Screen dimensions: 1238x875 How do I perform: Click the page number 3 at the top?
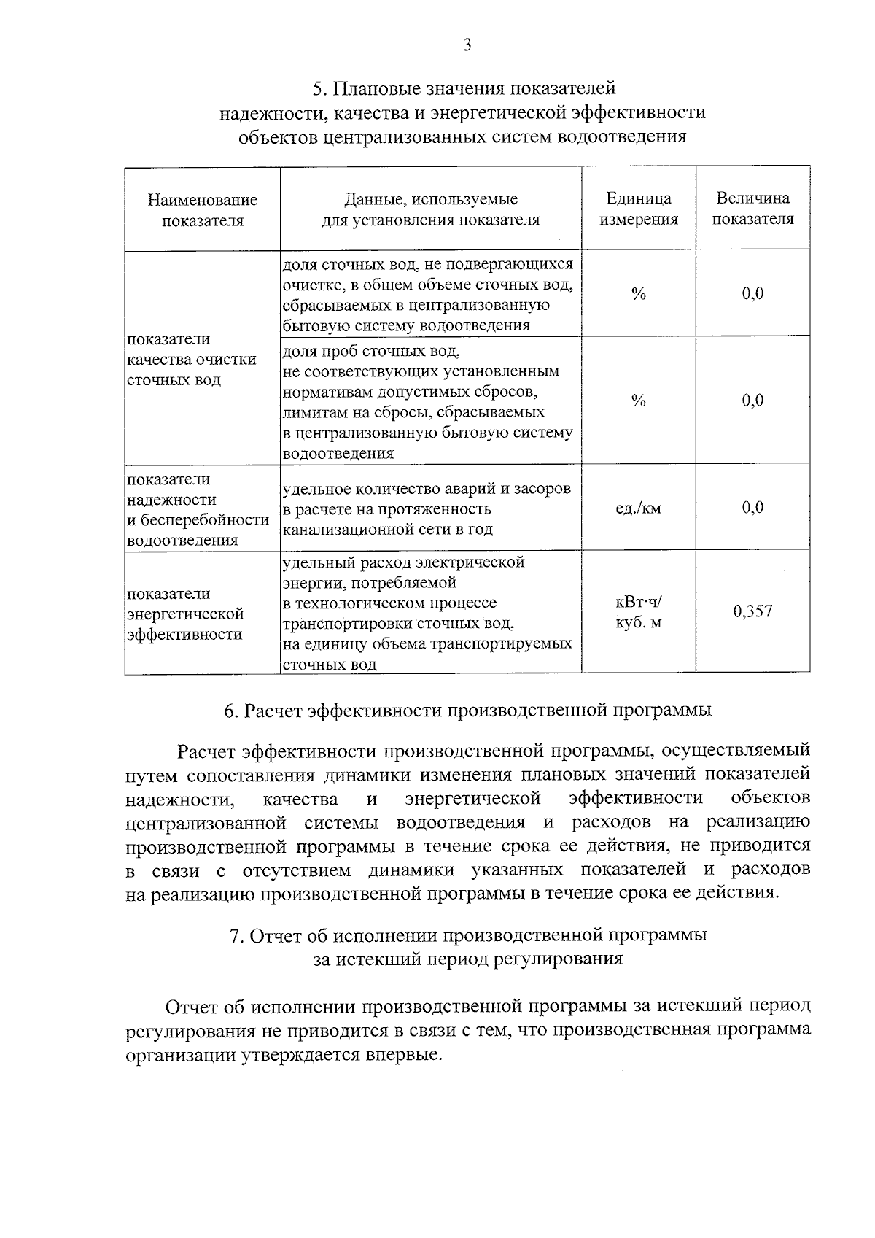tap(467, 45)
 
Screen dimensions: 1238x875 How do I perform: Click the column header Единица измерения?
tap(639, 209)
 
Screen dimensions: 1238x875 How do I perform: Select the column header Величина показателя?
tap(752, 209)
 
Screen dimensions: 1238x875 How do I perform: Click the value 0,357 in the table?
tap(752, 611)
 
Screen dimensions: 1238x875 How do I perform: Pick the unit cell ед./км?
tap(639, 508)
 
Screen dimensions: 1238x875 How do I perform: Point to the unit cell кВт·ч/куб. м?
tap(639, 611)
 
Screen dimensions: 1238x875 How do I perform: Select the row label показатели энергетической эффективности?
tap(185, 614)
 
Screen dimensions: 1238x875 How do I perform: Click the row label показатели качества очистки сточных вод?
tap(192, 360)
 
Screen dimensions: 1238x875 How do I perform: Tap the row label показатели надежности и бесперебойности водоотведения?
tap(198, 509)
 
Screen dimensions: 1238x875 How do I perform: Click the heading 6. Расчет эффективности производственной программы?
tap(467, 710)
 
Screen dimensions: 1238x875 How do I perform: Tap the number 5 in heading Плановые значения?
tap(318, 89)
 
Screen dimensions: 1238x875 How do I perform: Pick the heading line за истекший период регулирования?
tap(467, 959)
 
